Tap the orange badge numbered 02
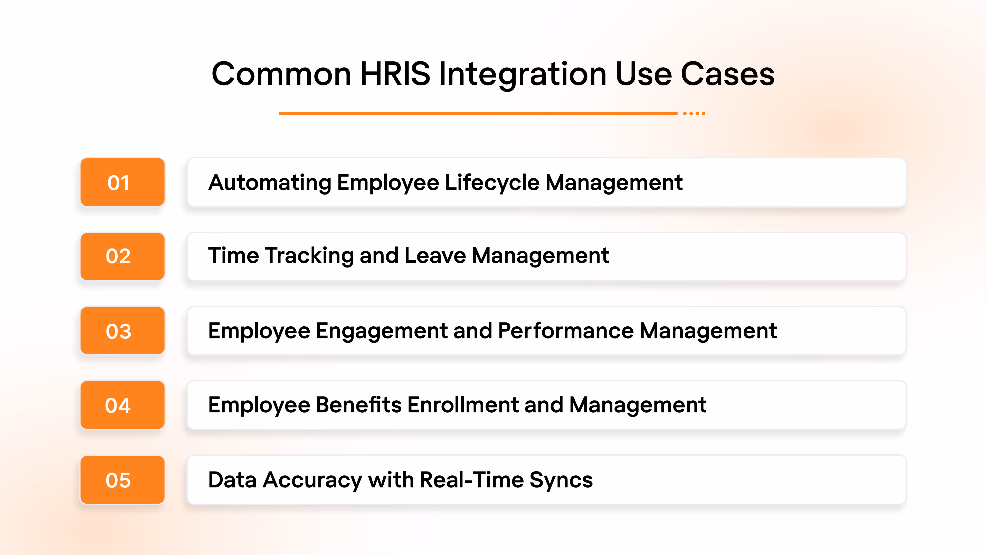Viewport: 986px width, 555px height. tap(122, 256)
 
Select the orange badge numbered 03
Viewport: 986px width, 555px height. tap(122, 330)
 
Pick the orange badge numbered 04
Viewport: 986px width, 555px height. tap(122, 405)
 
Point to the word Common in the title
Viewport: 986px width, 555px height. tap(281, 74)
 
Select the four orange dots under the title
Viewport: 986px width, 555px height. tap(694, 113)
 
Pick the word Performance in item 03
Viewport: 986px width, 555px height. tap(565, 331)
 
